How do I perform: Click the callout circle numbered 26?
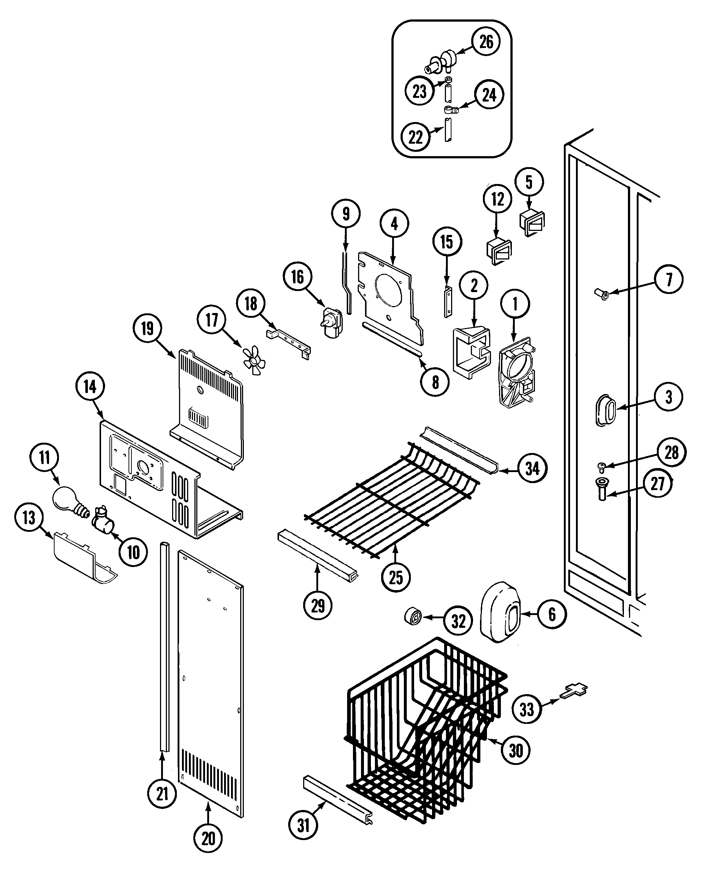(x=486, y=42)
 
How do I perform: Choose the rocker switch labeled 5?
(x=532, y=224)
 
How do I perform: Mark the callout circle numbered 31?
(x=303, y=825)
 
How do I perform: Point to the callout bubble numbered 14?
(x=90, y=387)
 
